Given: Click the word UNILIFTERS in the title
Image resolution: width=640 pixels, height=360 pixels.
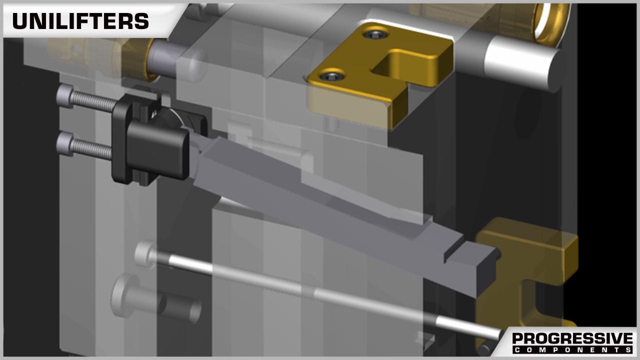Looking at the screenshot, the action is point(80,21).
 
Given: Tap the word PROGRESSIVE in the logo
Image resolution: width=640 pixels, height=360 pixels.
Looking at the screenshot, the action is point(572,338).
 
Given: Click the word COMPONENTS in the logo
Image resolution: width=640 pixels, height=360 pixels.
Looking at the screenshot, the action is point(572,349).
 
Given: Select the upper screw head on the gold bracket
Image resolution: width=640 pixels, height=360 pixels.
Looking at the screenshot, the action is point(375,34).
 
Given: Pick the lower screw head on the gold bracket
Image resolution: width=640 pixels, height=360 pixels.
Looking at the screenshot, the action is point(331,75).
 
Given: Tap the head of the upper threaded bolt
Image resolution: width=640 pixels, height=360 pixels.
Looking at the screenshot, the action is point(64,96).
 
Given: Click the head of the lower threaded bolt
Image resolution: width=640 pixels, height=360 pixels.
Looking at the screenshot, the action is point(64,143).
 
